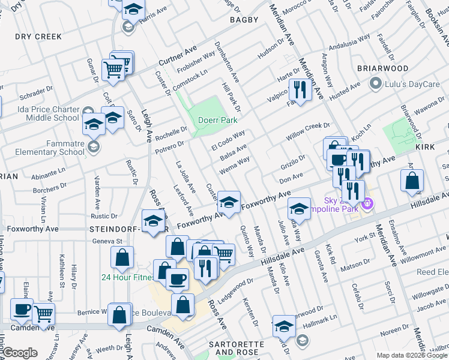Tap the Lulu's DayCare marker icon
pyautogui.click(x=376, y=83)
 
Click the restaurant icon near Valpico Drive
pyautogui.click(x=298, y=90)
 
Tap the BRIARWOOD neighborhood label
pyautogui.click(x=382, y=68)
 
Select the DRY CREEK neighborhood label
pyautogui.click(x=38, y=37)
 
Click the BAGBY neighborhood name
pyautogui.click(x=244, y=20)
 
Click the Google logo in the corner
pyautogui.click(x=20, y=353)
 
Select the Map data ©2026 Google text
pyautogui.click(x=412, y=355)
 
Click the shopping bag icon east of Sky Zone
pyautogui.click(x=412, y=181)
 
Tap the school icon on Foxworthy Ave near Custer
pyautogui.click(x=228, y=202)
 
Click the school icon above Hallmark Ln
pyautogui.click(x=284, y=326)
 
